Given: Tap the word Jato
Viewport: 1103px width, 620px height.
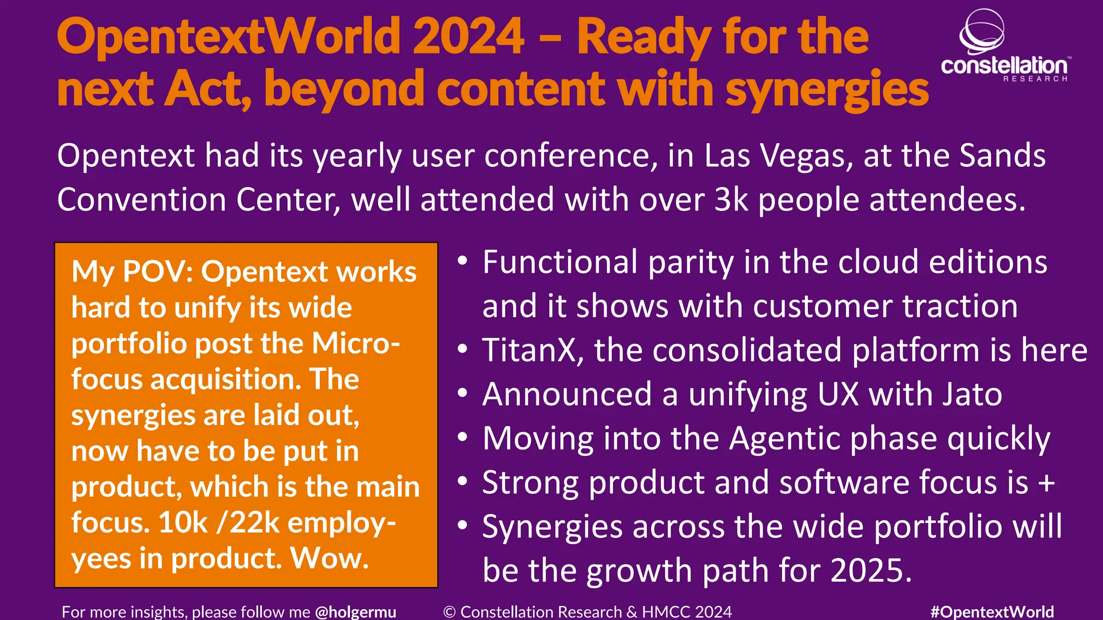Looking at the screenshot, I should click(969, 394).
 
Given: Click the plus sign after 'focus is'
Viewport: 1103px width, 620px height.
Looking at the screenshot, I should click(1046, 483).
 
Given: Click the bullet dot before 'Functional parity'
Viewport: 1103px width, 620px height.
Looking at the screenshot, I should click(463, 262).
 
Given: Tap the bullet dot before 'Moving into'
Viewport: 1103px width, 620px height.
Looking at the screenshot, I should click(463, 438).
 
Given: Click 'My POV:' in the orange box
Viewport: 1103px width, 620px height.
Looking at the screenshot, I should click(132, 272).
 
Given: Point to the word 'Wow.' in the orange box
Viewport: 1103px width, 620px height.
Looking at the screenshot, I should click(330, 559).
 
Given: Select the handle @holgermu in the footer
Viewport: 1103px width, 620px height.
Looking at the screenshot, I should click(355, 612).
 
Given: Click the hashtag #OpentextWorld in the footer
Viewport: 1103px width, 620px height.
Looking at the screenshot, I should click(992, 612).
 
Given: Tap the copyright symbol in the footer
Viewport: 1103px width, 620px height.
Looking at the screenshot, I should click(450, 612).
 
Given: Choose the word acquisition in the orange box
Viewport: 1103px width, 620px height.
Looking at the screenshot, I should click(226, 380).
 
